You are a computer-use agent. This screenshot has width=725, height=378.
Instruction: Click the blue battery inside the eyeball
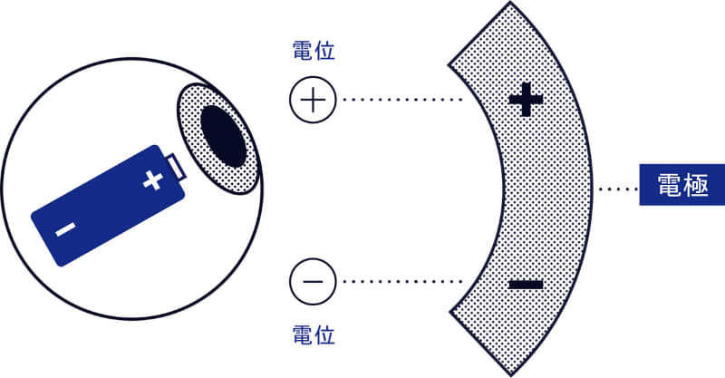coord(108,206)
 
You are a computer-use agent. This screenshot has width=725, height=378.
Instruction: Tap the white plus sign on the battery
coord(152,180)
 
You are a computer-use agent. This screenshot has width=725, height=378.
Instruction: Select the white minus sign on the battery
coord(65,228)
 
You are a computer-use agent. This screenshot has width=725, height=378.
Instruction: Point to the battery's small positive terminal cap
coord(177,168)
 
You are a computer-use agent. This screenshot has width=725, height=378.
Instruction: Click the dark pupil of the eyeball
coord(223,136)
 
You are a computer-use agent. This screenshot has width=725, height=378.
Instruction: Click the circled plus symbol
coord(313,100)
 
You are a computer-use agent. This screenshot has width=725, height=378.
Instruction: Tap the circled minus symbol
coord(313,281)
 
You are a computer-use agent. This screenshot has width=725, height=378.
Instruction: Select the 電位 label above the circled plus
coord(314,51)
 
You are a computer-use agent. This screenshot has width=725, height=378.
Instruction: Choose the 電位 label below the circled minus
coord(314,334)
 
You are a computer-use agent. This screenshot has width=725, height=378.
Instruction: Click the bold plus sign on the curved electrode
coord(526,99)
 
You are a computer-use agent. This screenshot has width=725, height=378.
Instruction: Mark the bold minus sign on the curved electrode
coord(526,285)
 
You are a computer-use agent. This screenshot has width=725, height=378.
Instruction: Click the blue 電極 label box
coord(682,185)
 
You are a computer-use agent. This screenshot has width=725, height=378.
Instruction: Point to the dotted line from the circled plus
coord(402,100)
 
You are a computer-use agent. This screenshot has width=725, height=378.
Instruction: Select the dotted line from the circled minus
coord(402,281)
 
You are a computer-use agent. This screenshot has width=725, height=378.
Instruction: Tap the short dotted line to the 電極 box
coord(618,189)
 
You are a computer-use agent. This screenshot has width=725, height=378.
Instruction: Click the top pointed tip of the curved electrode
coord(510,3)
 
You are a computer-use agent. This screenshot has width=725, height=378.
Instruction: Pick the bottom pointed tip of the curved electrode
coord(511,374)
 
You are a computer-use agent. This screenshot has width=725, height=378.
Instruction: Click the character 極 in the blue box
coord(696,185)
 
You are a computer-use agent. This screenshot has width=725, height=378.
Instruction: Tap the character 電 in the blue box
coord(670,185)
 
